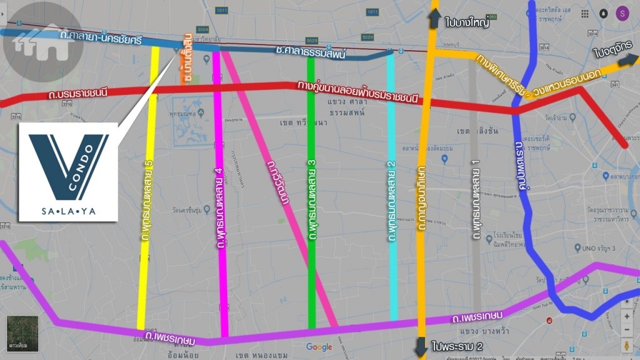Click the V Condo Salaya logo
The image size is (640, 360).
pos(68,172)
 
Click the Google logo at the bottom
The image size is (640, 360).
pos(319,347)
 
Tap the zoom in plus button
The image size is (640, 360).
pos(627,316)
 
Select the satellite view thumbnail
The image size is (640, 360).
pos(22,333)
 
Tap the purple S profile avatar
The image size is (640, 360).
pos(622,13)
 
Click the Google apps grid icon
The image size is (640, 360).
pos(584,13)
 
